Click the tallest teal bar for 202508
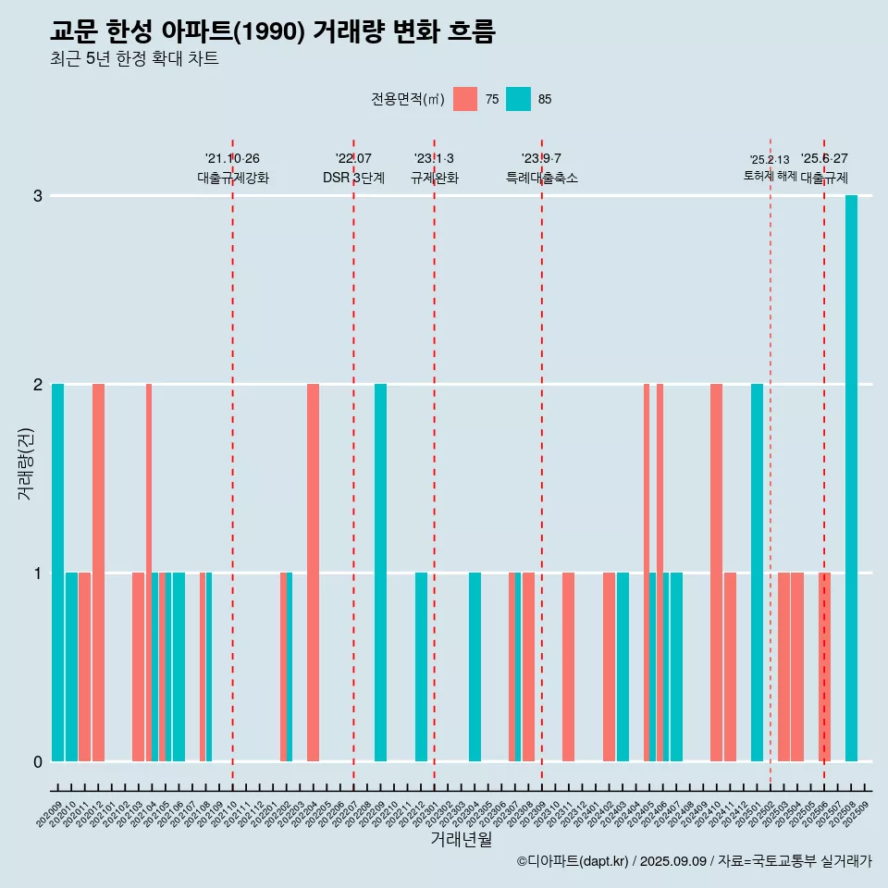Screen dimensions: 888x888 [x=851, y=478]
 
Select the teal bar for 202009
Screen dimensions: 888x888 [x=57, y=573]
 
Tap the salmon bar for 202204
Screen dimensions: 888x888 [x=313, y=573]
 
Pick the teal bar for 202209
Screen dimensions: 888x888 [x=380, y=573]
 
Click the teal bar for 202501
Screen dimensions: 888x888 [x=757, y=573]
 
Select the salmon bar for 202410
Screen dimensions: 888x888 [x=716, y=573]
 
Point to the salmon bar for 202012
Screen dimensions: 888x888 [x=98, y=573]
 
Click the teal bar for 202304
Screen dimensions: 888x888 [x=475, y=667]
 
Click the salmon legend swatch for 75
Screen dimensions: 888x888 [x=465, y=99]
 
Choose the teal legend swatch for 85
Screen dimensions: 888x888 [x=518, y=99]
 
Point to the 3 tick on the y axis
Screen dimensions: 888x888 [x=38, y=196]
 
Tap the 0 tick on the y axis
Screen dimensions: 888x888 [x=38, y=761]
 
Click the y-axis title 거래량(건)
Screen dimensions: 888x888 [x=25, y=463]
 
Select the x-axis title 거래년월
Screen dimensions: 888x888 [x=461, y=839]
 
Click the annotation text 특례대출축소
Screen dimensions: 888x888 [x=542, y=178]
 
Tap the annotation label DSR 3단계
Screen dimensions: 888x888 [x=353, y=178]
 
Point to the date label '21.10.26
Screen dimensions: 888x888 [x=232, y=159]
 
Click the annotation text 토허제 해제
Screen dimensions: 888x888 [x=770, y=175]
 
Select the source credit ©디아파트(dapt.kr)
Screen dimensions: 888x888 [x=573, y=861]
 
